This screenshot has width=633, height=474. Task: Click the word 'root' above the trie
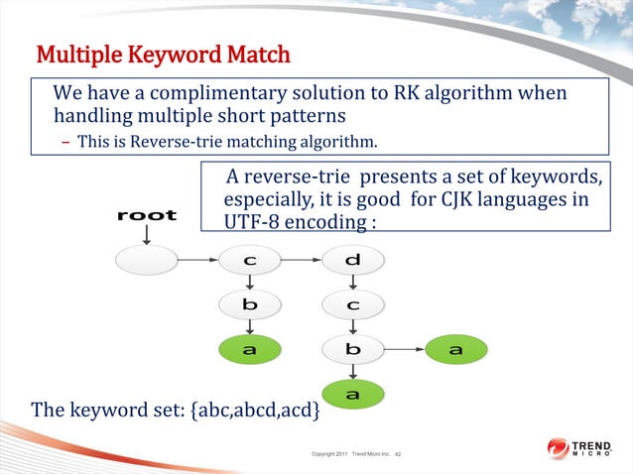click(x=147, y=214)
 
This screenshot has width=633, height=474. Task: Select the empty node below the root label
click(x=147, y=261)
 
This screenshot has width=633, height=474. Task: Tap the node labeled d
click(x=353, y=261)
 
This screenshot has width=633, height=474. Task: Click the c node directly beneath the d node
click(x=353, y=304)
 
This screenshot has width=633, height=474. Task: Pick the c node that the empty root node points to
click(x=250, y=261)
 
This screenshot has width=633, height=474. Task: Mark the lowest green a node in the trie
click(x=353, y=395)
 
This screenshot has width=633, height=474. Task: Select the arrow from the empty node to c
click(x=198, y=261)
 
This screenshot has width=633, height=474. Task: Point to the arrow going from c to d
click(x=302, y=261)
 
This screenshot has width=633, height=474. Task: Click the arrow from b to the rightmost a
click(x=404, y=349)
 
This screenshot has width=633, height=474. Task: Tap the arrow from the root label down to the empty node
click(x=147, y=234)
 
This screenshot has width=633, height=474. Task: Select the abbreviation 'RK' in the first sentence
click(x=447, y=93)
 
